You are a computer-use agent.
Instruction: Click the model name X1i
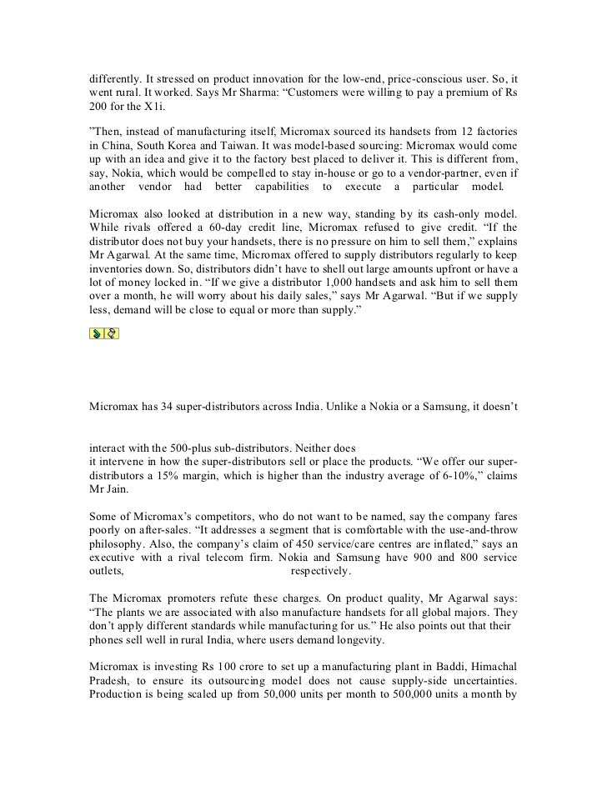coord(133,108)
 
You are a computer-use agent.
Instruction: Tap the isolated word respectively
coord(320,571)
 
